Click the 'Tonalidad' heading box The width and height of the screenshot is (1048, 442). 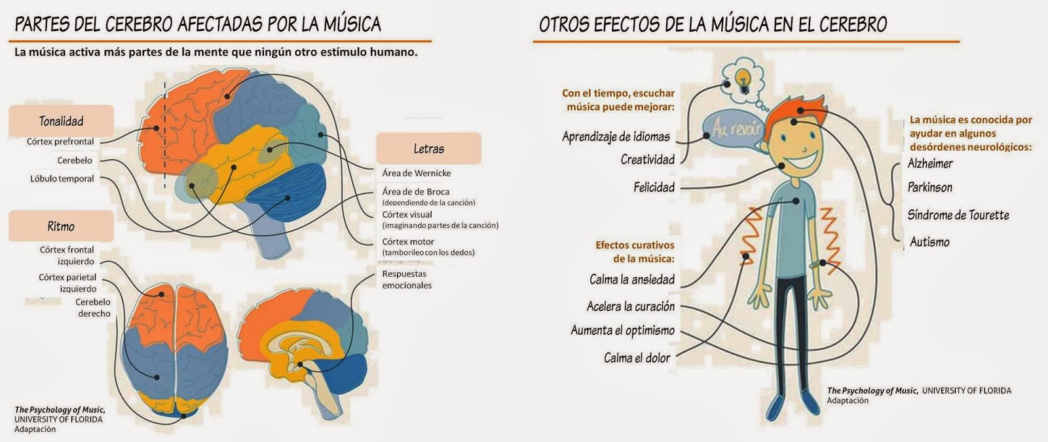click(x=61, y=121)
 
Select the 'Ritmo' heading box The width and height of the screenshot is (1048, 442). click(x=61, y=226)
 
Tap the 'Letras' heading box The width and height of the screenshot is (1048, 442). click(x=428, y=149)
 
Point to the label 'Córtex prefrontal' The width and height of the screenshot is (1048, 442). click(x=60, y=142)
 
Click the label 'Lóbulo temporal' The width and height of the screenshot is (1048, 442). click(x=62, y=178)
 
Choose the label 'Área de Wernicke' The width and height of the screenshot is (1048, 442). click(x=417, y=173)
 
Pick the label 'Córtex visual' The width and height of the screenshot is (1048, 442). click(x=407, y=214)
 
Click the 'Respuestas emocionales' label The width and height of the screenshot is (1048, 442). click(x=406, y=279)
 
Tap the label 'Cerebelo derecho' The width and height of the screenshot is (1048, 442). click(x=94, y=308)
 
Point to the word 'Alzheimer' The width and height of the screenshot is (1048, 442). click(x=930, y=163)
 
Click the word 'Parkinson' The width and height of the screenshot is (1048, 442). click(x=930, y=188)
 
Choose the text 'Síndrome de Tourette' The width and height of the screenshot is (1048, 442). click(x=958, y=215)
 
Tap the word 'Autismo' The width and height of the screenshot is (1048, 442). click(x=929, y=242)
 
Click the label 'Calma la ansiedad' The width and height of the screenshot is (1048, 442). click(x=631, y=279)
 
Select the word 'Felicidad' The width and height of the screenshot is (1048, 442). click(x=654, y=188)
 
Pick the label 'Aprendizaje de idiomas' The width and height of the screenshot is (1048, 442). click(x=616, y=136)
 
